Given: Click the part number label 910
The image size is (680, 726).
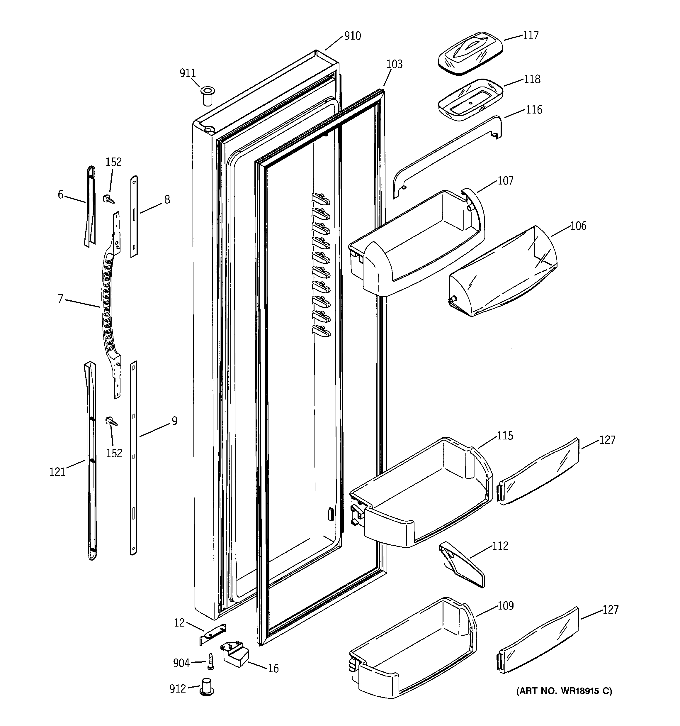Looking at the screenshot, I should coord(352,36).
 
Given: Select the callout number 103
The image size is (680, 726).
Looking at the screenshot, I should coord(394,64).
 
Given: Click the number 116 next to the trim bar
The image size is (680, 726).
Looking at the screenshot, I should coord(534,109).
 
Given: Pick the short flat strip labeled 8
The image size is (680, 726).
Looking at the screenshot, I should coord(134,216).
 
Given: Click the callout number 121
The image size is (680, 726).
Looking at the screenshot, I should coord(57,472).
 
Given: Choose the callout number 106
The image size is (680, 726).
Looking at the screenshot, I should coord(578,226).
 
